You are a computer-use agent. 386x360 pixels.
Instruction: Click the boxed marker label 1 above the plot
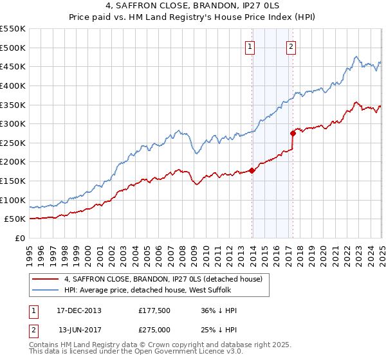249,46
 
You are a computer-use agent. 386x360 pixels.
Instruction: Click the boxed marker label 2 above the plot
291,46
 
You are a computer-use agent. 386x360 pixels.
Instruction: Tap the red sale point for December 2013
252,170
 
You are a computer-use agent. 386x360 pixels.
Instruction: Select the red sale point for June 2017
293,134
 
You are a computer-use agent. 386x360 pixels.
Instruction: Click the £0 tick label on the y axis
20,239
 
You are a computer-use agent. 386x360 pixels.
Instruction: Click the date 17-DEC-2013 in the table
79,310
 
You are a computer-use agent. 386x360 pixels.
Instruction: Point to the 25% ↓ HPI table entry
219,329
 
